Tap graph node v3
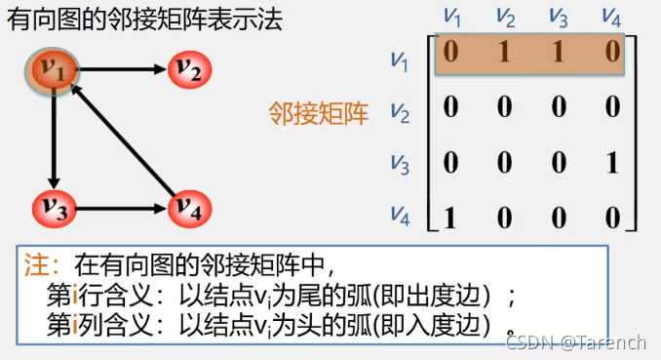(x=53, y=206)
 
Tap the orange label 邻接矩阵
(x=319, y=114)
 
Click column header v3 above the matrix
(x=559, y=17)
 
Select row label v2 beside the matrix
(x=401, y=113)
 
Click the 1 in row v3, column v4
(x=612, y=162)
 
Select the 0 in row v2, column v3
(x=559, y=108)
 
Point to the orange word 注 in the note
(x=34, y=263)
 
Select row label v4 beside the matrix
(x=401, y=215)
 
